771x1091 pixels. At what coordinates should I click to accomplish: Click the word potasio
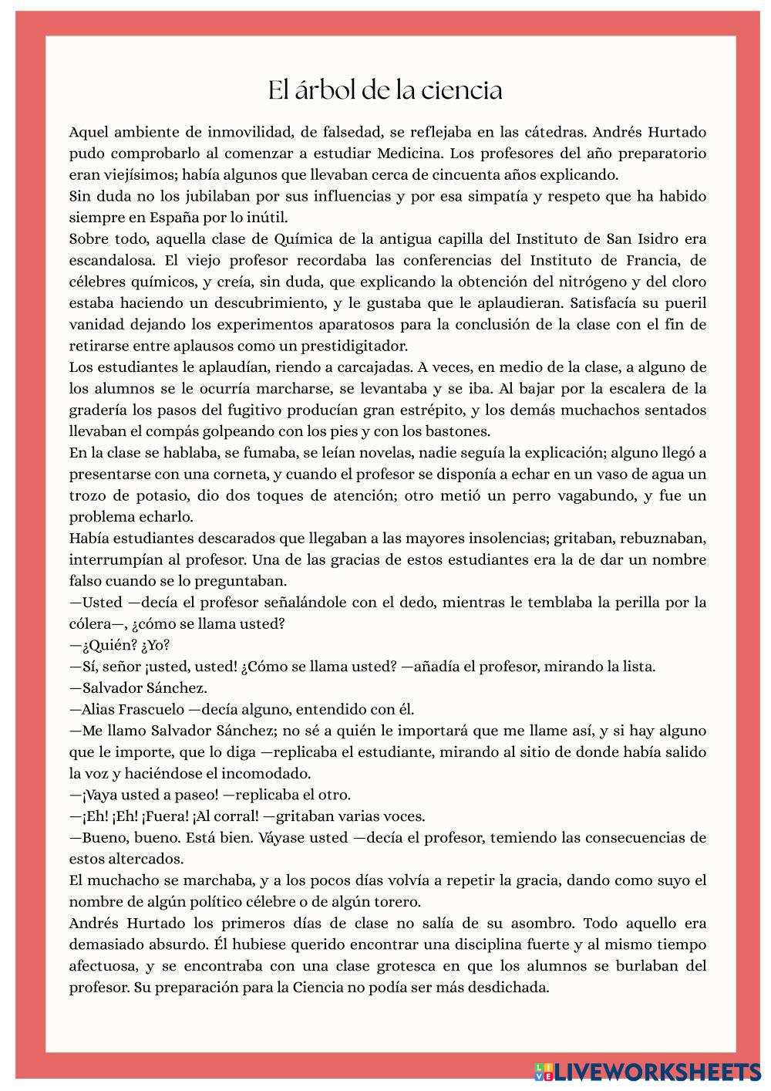[188, 495]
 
